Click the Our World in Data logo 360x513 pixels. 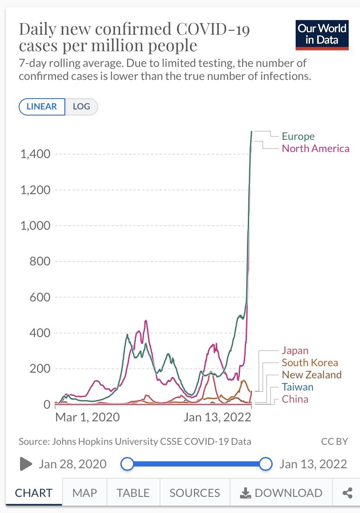[322, 35]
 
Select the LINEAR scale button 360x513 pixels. [42, 106]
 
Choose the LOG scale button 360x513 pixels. [81, 106]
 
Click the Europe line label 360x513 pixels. [298, 136]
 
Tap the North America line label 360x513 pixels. [315, 149]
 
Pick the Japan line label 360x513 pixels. [295, 351]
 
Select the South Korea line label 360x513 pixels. [310, 363]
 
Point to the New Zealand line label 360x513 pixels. [312, 375]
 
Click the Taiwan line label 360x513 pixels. [297, 387]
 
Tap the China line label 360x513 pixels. [295, 399]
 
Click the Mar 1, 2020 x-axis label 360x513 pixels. [87, 417]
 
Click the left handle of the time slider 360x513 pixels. [127, 464]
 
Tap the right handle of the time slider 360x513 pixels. [266, 464]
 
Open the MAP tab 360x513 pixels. [84, 493]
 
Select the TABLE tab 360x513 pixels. [133, 493]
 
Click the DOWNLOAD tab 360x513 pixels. [281, 493]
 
